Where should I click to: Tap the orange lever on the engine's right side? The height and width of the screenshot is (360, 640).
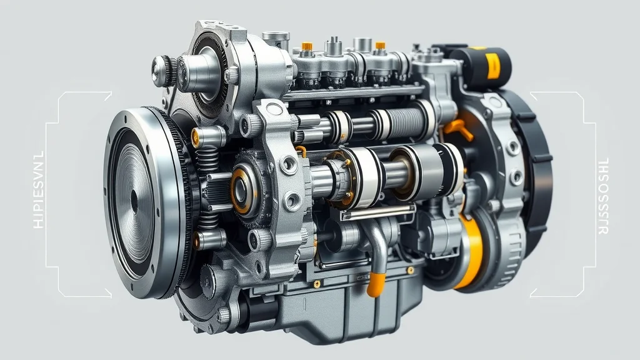pos(459,129)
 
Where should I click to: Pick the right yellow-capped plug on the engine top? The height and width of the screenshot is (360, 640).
pos(379,47)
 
